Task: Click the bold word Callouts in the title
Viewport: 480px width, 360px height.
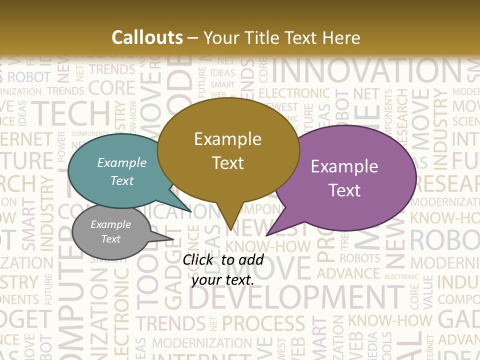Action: (x=147, y=37)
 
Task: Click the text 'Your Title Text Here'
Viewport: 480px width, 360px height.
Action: (x=281, y=37)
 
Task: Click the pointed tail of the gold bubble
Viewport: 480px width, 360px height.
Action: (x=230, y=220)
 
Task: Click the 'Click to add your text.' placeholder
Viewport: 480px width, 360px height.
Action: (x=223, y=269)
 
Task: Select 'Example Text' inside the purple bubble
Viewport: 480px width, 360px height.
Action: (x=344, y=178)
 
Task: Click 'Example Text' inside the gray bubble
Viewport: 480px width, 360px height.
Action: (x=110, y=231)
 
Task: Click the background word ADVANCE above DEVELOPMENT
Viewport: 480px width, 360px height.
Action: (x=348, y=274)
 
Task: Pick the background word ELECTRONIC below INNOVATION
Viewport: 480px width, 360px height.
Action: (x=294, y=93)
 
